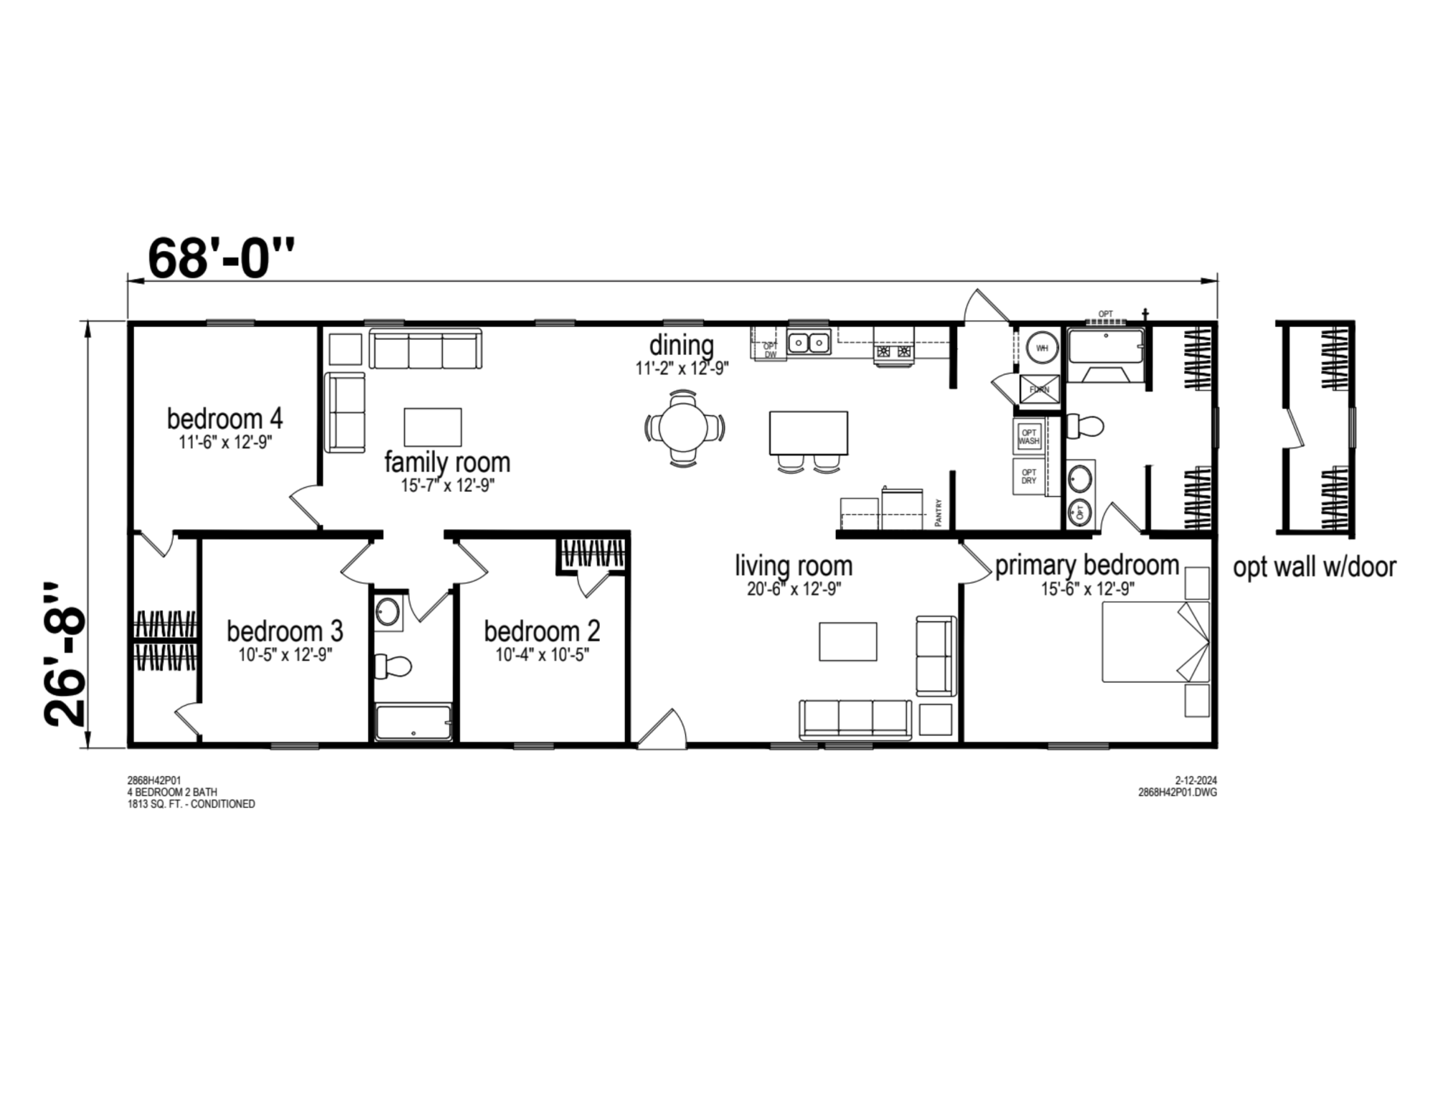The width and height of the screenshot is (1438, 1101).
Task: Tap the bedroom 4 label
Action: click(224, 418)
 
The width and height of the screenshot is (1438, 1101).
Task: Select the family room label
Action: click(447, 462)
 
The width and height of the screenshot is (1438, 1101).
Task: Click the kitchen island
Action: click(808, 433)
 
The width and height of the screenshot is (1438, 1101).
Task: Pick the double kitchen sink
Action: click(809, 343)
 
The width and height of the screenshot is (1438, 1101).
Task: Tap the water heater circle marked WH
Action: click(1042, 348)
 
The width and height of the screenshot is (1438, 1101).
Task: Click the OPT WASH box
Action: click(1029, 437)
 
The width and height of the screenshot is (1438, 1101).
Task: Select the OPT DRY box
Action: click(1029, 477)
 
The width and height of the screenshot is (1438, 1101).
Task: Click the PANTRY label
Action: click(938, 513)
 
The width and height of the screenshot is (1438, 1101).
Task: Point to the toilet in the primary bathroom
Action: click(1085, 426)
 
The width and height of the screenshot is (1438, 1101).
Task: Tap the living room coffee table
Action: click(848, 641)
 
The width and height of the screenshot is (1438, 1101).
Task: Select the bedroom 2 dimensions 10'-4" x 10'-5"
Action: click(542, 654)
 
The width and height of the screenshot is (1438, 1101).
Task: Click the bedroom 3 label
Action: click(285, 631)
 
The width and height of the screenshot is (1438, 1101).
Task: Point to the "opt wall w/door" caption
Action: click(1314, 567)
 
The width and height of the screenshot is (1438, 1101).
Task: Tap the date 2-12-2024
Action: click(1196, 780)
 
